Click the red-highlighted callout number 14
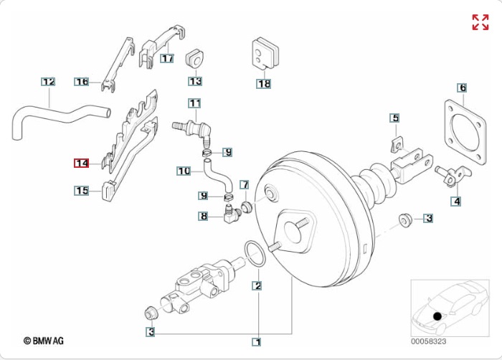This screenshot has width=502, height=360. coord(82,164)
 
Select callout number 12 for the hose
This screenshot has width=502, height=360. coord(48,82)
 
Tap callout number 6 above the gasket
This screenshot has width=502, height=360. coord(463,88)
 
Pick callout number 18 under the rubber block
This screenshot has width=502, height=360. coord(264,83)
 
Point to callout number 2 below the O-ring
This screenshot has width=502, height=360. coord(257,285)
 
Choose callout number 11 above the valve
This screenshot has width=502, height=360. coord(195,103)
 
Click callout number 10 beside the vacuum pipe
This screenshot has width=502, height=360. coord(184,171)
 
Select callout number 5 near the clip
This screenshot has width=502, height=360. coord(394,118)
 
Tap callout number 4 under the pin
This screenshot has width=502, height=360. coord(456,201)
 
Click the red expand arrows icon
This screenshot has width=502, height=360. coord(480,22)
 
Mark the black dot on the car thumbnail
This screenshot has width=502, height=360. coord(437,316)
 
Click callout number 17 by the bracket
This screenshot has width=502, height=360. coord(167,58)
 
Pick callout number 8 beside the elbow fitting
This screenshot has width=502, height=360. coord(204,215)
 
